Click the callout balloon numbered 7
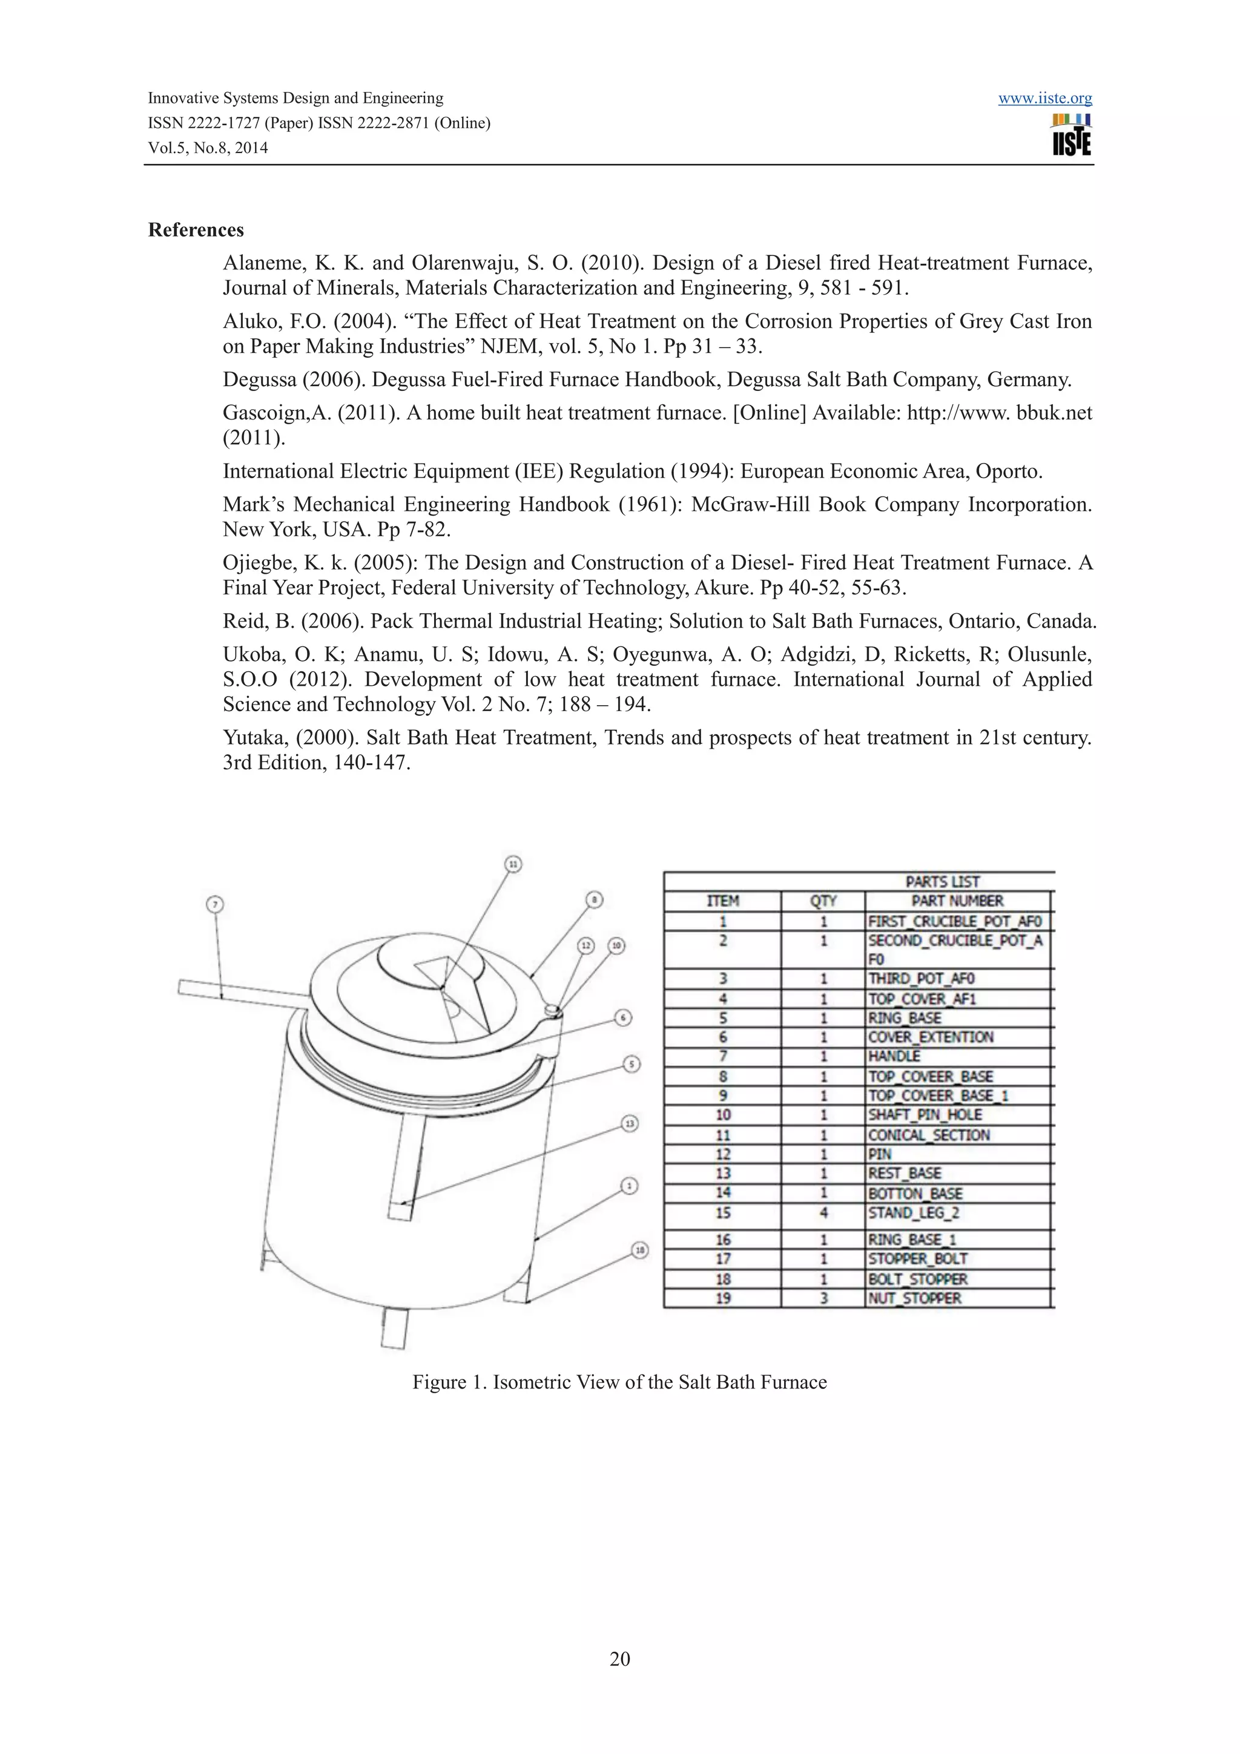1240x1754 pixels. point(215,904)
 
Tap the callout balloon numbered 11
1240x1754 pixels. point(513,864)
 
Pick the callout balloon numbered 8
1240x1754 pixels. point(595,900)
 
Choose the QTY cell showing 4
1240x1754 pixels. point(823,1213)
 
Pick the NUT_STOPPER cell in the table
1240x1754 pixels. point(914,1298)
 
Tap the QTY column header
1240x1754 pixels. point(823,901)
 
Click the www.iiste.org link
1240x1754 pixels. point(1044,99)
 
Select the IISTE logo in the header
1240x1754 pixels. point(1071,135)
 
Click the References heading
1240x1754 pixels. point(196,230)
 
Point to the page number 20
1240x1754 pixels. point(619,1658)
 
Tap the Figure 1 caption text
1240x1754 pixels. point(619,1382)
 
